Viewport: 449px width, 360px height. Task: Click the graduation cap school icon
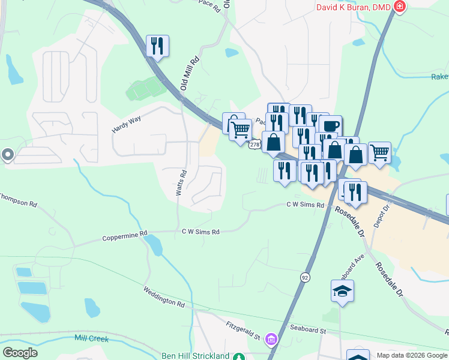342,291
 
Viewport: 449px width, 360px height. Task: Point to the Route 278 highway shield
255,145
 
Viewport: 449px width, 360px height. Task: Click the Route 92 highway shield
306,277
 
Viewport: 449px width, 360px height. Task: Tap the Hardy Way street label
126,125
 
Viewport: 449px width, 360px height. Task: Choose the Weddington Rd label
163,296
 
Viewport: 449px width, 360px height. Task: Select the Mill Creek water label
92,339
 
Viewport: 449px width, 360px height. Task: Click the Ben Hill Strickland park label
196,356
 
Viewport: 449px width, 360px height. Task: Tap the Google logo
20,353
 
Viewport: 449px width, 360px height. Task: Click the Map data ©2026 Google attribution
412,355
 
